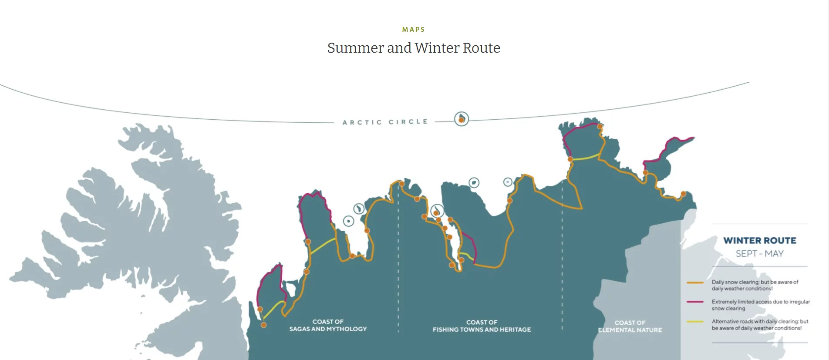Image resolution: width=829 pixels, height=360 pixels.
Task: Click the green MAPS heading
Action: point(413,30)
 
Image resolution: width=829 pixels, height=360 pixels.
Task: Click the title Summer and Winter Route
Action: point(414,48)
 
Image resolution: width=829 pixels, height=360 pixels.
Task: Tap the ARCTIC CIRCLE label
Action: point(385,122)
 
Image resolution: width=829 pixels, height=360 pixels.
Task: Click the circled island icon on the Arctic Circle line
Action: point(461,119)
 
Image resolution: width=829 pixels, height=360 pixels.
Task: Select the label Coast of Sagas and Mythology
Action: point(328,325)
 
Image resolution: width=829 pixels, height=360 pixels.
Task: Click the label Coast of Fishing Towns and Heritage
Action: point(482,326)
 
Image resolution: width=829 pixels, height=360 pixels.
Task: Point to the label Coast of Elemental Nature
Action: point(630,326)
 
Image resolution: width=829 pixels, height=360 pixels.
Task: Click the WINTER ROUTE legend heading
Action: point(759,241)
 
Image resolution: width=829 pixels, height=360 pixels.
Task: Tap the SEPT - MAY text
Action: point(759,254)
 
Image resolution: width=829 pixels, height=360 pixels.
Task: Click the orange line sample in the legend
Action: point(695,283)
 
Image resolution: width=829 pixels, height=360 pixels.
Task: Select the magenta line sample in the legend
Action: point(695,302)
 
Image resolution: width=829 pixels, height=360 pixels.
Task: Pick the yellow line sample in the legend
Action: point(695,322)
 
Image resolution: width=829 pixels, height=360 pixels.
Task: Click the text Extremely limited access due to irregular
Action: point(761,302)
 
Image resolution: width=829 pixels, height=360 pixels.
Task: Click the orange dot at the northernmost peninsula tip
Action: point(600,127)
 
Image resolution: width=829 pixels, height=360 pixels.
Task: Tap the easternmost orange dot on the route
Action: point(683,194)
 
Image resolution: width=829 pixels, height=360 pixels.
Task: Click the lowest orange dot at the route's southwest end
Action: point(263,325)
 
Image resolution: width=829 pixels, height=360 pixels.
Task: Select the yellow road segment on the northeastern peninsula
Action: point(586,157)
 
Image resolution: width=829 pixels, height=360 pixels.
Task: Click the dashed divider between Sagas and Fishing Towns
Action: point(398,270)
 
